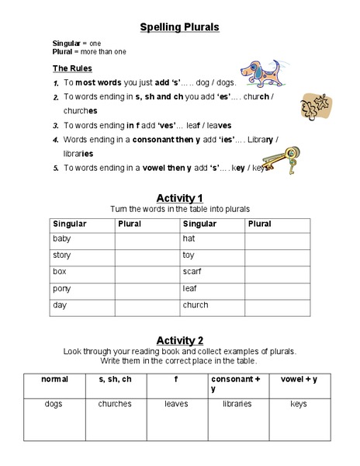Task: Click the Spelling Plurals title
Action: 179,27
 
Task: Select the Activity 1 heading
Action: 179,197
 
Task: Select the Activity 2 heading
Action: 179,340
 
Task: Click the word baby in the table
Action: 61,239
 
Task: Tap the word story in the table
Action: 61,256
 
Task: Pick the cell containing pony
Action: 81,289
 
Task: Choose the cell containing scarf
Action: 212,272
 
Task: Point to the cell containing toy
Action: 212,256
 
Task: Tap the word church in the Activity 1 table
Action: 195,305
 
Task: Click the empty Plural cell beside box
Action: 146,272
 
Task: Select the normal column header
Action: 54,379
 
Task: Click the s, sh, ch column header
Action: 114,379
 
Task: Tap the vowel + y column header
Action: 298,379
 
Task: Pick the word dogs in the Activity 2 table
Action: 54,404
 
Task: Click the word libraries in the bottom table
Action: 237,404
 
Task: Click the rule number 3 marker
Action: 56,125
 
